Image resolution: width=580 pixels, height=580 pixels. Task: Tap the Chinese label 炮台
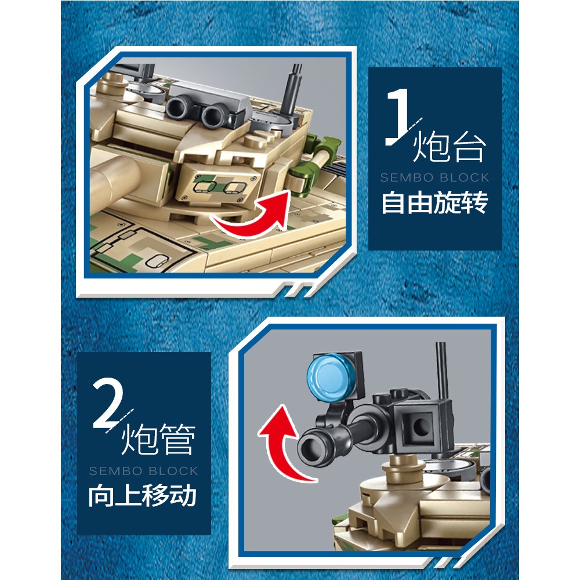(x=449, y=147)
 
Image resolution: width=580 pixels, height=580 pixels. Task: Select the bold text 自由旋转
(x=434, y=202)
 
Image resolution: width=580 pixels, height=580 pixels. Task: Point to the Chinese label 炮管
(x=158, y=439)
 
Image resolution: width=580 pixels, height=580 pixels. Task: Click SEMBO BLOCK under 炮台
(x=434, y=177)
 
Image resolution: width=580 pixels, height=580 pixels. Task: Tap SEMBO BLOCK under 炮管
(x=143, y=471)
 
